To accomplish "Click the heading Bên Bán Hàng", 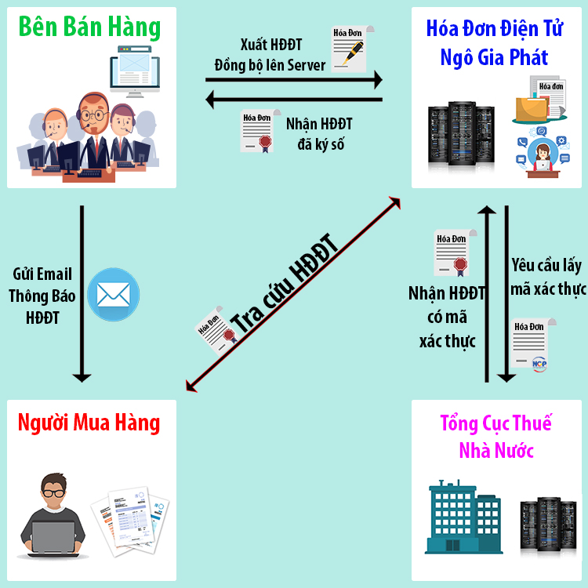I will coord(89,28).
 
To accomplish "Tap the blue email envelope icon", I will coord(112,294).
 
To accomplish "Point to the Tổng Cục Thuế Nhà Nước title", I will coord(495,437).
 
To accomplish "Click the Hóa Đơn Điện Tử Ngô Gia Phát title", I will coord(494,42).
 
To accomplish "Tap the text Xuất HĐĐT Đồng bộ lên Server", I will coord(270,55).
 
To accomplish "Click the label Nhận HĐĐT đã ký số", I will coord(318,134).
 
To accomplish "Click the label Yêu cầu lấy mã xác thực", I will coord(547,277).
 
